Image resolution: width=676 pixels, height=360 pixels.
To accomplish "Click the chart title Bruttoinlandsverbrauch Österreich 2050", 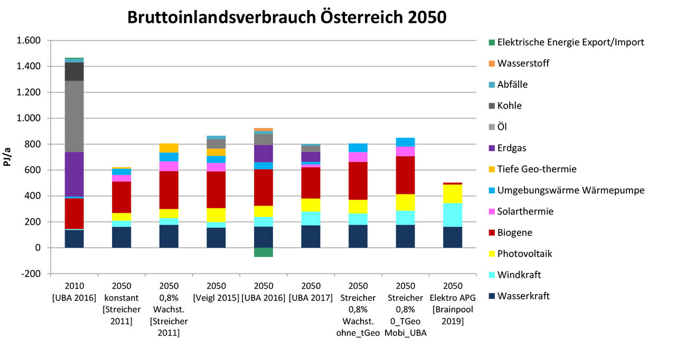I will click(x=287, y=17).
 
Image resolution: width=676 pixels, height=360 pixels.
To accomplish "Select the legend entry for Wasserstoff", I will click(x=523, y=63).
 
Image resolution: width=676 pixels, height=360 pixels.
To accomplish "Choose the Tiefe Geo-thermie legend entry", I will click(x=537, y=169).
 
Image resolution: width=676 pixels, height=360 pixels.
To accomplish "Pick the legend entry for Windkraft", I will click(x=519, y=274).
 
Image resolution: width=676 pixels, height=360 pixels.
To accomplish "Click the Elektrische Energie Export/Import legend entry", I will click(x=570, y=42).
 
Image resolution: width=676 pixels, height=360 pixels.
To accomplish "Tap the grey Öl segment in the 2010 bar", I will click(x=74, y=116).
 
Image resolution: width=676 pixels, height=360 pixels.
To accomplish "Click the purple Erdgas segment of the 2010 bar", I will click(x=74, y=174).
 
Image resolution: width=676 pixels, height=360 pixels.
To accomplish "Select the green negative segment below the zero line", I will click(x=263, y=252).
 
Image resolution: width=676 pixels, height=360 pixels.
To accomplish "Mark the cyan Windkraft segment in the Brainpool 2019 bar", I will click(x=453, y=215).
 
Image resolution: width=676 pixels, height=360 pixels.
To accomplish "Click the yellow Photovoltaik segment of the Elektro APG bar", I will click(x=453, y=194).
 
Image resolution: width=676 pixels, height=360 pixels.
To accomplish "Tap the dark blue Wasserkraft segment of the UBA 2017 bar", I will click(x=311, y=236).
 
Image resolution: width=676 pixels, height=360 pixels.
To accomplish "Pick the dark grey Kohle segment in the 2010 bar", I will click(x=74, y=71).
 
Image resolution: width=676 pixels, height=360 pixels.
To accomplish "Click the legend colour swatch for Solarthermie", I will click(x=492, y=211).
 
